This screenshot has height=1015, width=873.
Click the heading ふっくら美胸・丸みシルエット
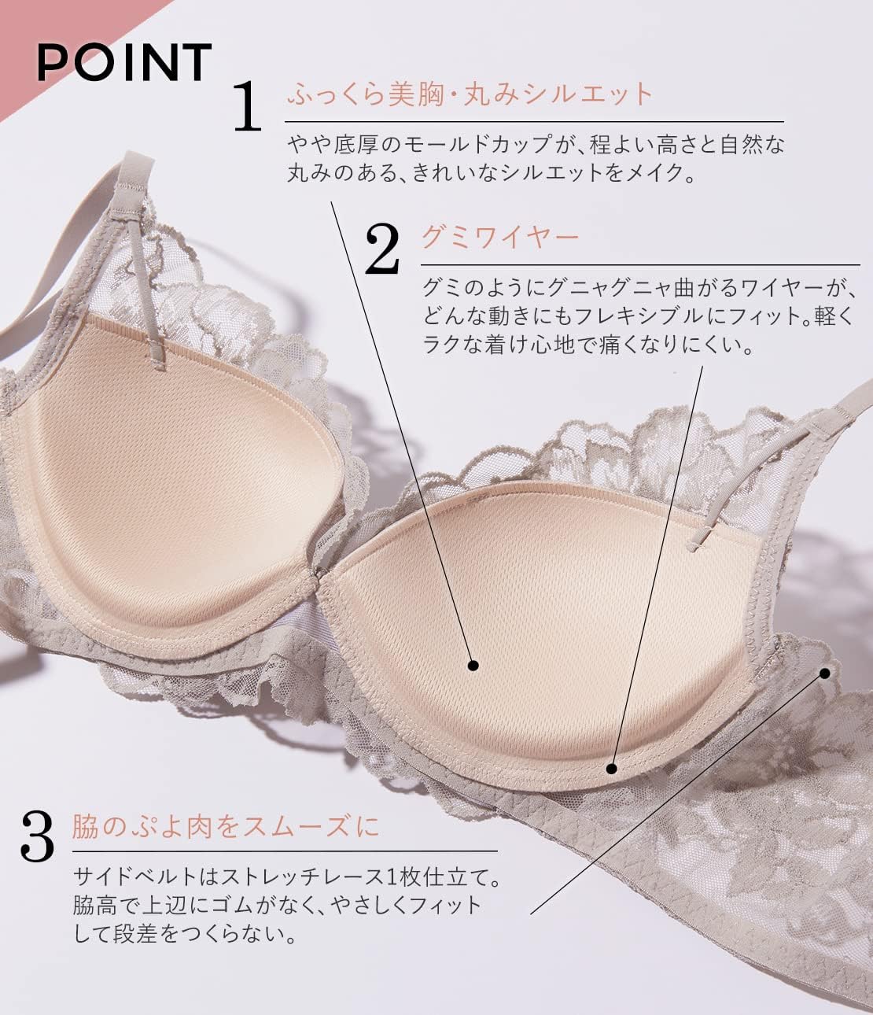(x=470, y=94)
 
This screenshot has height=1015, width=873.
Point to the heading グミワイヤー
(x=500, y=236)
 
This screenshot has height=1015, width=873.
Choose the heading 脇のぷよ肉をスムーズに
(x=226, y=826)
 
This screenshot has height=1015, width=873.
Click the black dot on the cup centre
(x=473, y=665)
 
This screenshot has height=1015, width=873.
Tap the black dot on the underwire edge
(x=613, y=768)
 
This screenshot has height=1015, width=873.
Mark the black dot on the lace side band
(x=825, y=673)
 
